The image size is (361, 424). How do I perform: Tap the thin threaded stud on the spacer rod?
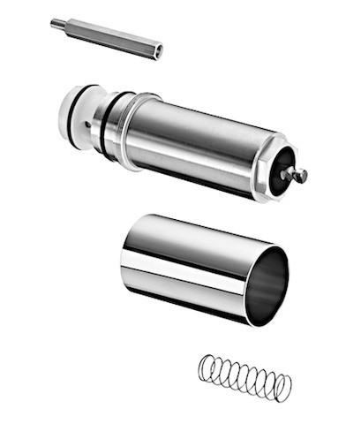pyautogui.click(x=57, y=22)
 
